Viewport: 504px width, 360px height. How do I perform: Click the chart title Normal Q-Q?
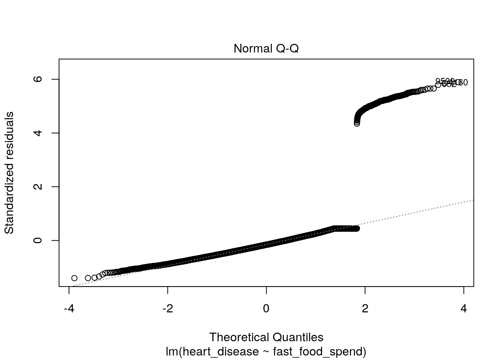(x=266, y=49)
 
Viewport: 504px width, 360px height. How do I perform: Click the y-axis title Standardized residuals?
(x=9, y=172)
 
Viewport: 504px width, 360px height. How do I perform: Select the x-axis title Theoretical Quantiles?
(x=266, y=337)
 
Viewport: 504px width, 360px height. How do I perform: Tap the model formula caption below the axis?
(x=266, y=351)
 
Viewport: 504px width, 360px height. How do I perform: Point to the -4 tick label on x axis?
(x=69, y=309)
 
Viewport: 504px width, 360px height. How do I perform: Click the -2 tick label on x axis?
(x=168, y=309)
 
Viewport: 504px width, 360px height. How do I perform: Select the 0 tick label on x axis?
(x=266, y=309)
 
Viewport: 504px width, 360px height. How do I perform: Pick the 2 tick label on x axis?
(x=365, y=309)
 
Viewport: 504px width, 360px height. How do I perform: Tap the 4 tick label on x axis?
(x=463, y=309)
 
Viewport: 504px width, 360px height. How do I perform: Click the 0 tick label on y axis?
(x=38, y=240)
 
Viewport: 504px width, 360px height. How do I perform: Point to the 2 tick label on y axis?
(x=38, y=187)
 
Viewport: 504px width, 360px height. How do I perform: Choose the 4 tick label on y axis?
(x=38, y=133)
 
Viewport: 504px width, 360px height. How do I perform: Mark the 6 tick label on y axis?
(x=38, y=79)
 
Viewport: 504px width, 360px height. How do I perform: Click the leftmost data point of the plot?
(x=74, y=278)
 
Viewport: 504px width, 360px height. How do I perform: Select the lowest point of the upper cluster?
(x=357, y=123)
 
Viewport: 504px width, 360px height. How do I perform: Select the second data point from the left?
(x=88, y=278)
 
